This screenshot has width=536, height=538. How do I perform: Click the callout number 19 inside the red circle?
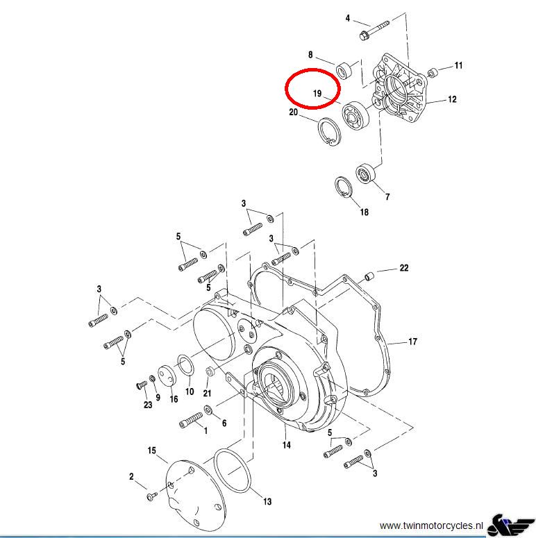point(317,93)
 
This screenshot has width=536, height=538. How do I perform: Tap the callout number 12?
point(452,100)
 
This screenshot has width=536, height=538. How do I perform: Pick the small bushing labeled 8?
point(344,69)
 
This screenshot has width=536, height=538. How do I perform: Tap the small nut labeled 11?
point(433,72)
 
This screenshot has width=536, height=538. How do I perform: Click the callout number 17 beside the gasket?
point(412,342)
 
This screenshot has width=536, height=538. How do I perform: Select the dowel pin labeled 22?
point(369,276)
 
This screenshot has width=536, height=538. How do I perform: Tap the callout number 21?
point(207,394)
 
